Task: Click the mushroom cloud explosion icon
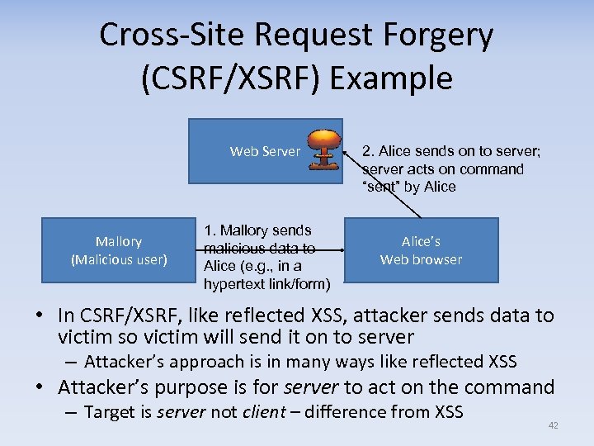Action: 326,149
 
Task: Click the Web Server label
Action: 265,151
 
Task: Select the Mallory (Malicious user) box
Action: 119,250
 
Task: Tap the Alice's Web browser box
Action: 421,250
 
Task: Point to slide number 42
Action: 553,425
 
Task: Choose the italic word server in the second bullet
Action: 311,387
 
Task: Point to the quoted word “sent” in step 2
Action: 380,187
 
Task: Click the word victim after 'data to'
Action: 84,337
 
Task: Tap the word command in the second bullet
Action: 507,387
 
